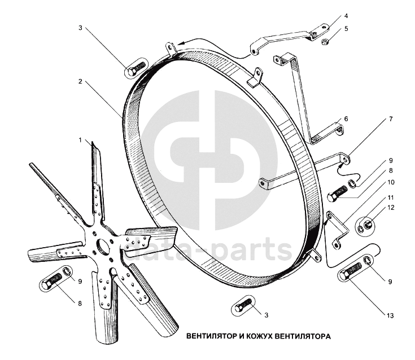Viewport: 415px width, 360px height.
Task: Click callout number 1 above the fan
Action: pyautogui.click(x=81, y=139)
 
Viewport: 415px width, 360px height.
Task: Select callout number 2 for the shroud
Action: pyautogui.click(x=81, y=81)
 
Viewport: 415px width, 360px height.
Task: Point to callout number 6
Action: pyautogui.click(x=346, y=119)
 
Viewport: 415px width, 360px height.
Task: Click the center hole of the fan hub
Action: pyautogui.click(x=103, y=246)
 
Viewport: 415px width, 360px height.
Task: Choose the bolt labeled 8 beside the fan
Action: pyautogui.click(x=51, y=280)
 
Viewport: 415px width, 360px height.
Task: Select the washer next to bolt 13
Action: pyautogui.click(x=368, y=260)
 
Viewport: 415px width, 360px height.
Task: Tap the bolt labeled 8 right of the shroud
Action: pyautogui.click(x=338, y=194)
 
